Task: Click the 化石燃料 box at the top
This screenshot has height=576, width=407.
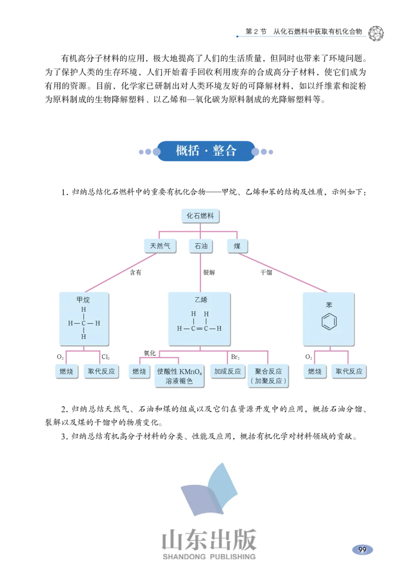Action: (200, 216)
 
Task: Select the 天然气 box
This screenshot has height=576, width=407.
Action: (160, 246)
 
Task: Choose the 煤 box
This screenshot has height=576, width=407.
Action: (237, 246)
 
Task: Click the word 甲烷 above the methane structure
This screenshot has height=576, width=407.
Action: (83, 300)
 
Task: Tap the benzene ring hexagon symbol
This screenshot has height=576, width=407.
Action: (329, 323)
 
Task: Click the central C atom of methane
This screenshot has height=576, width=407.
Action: (83, 323)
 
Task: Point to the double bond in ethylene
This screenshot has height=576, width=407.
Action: (199, 329)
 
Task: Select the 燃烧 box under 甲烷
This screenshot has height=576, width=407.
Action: (67, 371)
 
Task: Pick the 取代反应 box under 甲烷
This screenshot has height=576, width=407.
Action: (101, 371)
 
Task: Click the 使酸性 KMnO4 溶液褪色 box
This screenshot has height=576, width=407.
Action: (179, 376)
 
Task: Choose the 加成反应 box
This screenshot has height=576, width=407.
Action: (227, 371)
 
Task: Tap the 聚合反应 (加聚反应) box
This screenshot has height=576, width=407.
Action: (269, 376)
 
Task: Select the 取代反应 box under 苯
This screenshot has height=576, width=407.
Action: (348, 371)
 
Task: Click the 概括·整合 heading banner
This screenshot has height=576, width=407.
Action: (206, 151)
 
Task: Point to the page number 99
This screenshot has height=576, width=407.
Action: (362, 550)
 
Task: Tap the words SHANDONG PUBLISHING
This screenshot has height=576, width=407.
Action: (209, 557)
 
